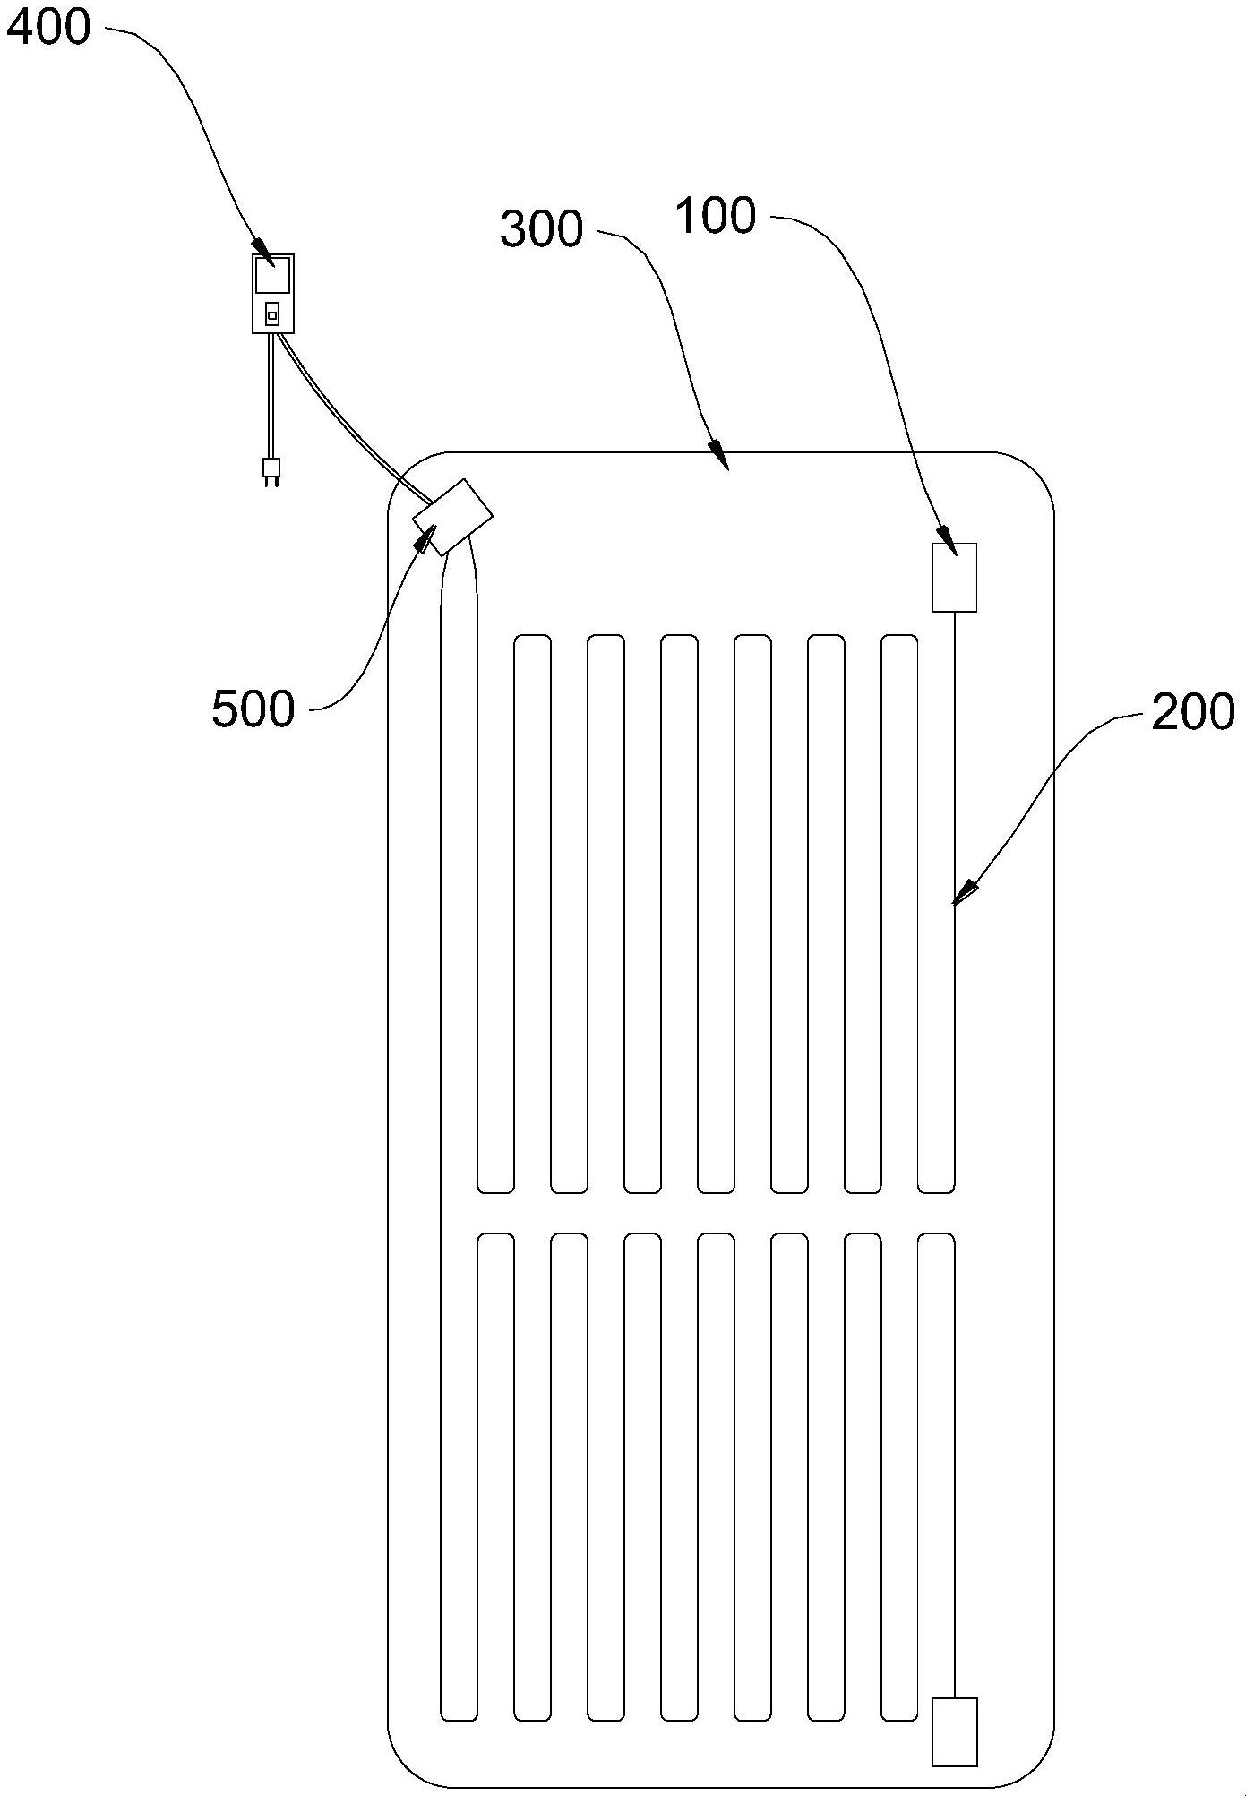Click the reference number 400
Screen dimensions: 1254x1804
(x=48, y=29)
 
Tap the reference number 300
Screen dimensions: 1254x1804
(x=541, y=229)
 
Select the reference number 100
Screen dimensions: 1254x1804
(x=716, y=217)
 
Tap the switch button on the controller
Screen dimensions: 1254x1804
(x=272, y=314)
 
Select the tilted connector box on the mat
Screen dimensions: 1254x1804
(x=452, y=517)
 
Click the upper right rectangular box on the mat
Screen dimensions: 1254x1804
(x=954, y=578)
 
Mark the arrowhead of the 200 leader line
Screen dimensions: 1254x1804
(x=962, y=895)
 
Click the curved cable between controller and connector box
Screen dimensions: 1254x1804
(x=349, y=421)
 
